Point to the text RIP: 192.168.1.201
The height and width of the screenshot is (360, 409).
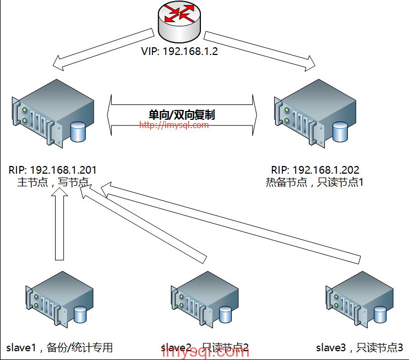click(53, 170)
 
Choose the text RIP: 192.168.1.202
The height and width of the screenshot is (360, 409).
click(315, 170)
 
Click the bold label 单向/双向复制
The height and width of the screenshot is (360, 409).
click(182, 115)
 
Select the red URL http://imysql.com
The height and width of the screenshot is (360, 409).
click(174, 125)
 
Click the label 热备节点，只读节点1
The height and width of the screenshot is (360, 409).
click(315, 182)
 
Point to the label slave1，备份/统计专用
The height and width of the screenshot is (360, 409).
click(59, 347)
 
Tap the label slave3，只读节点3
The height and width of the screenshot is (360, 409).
click(359, 347)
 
